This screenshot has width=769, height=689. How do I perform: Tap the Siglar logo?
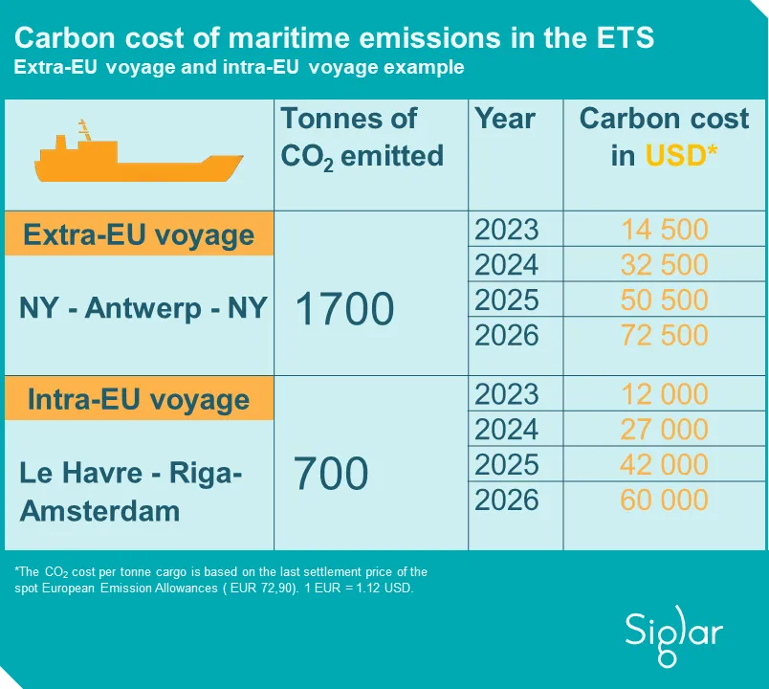tap(674, 632)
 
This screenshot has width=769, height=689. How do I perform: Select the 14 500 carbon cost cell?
tap(664, 230)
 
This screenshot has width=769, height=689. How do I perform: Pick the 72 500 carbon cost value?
tap(664, 336)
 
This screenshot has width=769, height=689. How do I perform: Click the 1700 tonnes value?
tap(344, 309)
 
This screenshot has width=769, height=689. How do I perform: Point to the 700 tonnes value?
tap(331, 473)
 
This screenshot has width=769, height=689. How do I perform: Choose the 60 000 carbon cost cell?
tap(664, 500)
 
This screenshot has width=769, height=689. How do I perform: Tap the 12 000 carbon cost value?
tap(664, 394)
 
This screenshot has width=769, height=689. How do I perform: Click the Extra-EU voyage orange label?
tap(139, 234)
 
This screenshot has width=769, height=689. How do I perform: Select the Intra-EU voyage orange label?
tap(139, 399)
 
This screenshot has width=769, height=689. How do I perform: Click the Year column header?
tap(505, 119)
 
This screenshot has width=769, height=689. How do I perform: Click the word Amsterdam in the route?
tap(99, 510)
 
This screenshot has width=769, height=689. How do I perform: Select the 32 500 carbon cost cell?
tap(664, 265)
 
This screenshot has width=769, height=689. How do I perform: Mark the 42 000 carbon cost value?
tap(664, 464)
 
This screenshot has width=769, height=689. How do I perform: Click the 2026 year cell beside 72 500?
tap(507, 336)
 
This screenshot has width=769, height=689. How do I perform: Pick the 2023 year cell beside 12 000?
tap(507, 394)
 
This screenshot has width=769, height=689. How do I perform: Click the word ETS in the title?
tap(622, 38)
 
